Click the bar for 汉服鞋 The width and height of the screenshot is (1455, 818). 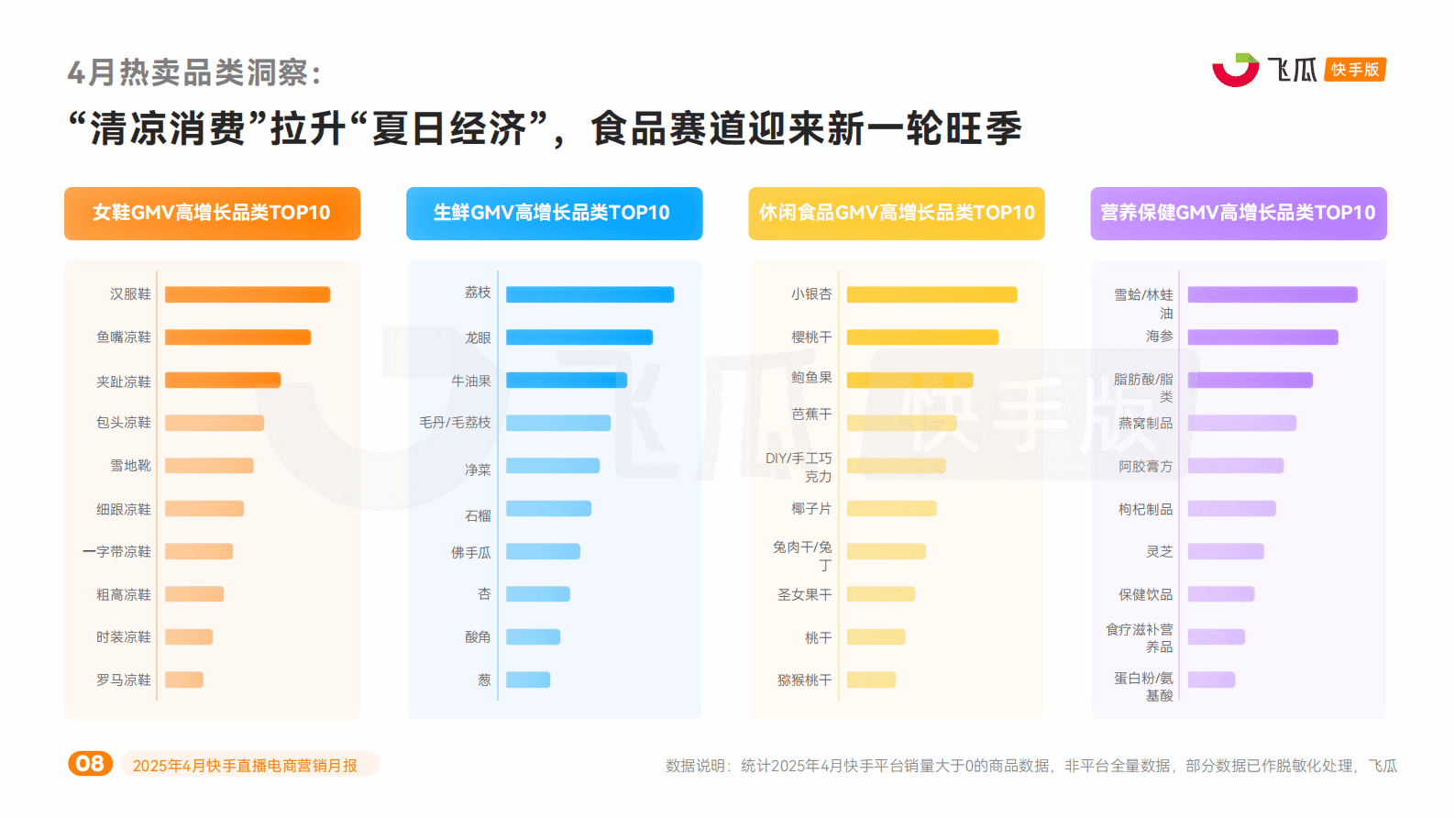pyautogui.click(x=247, y=294)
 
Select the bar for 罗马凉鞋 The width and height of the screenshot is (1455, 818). pyautogui.click(x=183, y=680)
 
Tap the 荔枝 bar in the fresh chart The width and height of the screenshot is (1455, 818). pyautogui.click(x=590, y=294)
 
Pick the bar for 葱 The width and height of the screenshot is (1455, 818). pyautogui.click(x=527, y=680)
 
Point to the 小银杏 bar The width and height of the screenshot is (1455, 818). pyautogui.click(x=931, y=294)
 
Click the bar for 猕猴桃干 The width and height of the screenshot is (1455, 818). pyautogui.click(x=871, y=680)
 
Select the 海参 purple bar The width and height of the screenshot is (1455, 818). pyautogui.click(x=1262, y=337)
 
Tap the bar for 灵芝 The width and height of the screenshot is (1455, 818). pyautogui.click(x=1225, y=551)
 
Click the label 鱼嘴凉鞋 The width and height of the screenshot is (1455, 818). pyautogui.click(x=124, y=337)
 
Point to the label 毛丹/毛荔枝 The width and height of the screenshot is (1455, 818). pyautogui.click(x=455, y=423)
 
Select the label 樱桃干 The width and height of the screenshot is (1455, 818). pyautogui.click(x=811, y=337)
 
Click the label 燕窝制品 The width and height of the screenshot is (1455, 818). pyautogui.click(x=1145, y=423)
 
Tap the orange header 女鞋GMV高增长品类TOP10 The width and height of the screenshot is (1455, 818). pyautogui.click(x=212, y=213)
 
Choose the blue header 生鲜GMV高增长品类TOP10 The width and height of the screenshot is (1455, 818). pyautogui.click(x=554, y=213)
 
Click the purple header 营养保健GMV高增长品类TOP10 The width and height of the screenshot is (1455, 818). pyautogui.click(x=1238, y=213)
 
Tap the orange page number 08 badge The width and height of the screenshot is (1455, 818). pyautogui.click(x=90, y=764)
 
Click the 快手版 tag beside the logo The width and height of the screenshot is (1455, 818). pyautogui.click(x=1354, y=70)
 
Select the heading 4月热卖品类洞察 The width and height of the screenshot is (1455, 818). pyautogui.click(x=193, y=72)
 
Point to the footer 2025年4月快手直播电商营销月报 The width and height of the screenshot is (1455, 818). pyautogui.click(x=245, y=766)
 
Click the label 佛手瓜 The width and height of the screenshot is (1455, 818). pyautogui.click(x=470, y=553)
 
